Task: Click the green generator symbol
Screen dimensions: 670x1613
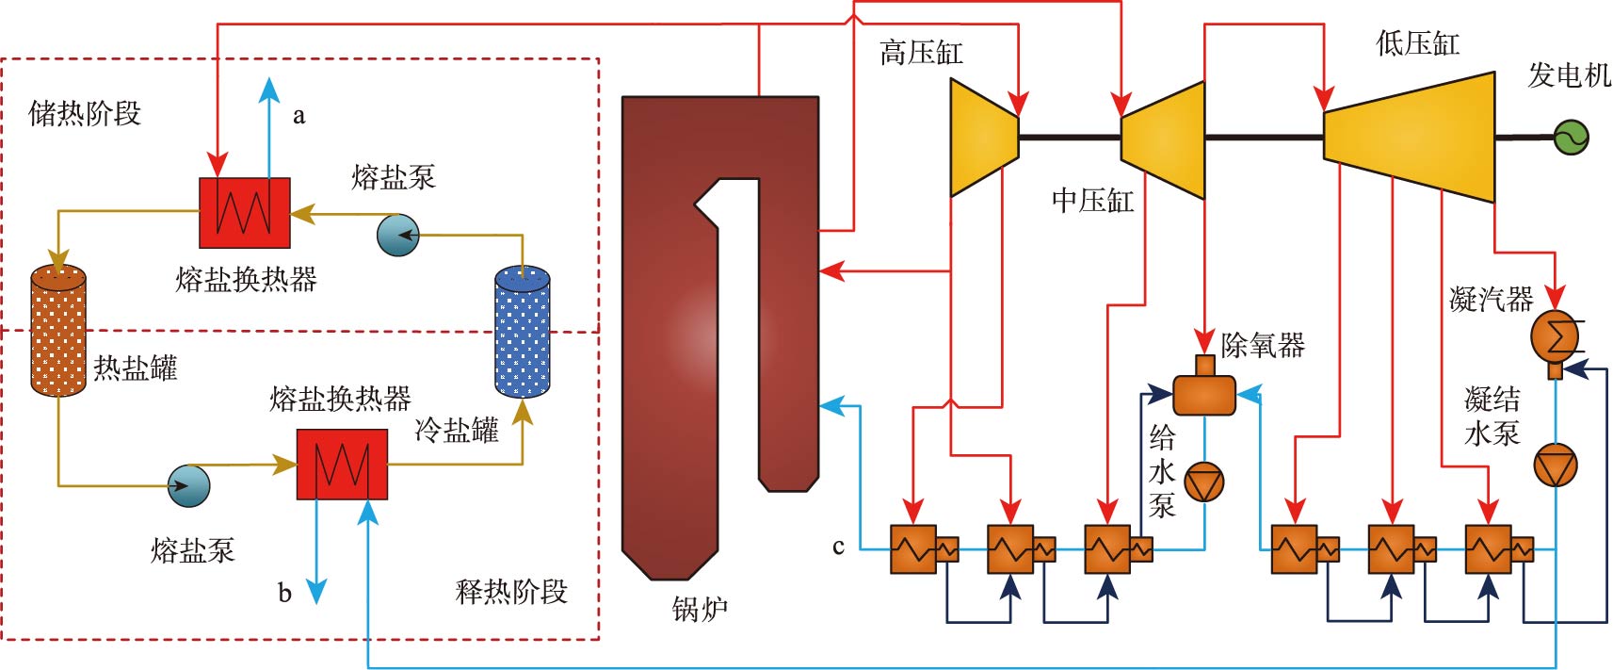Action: (1571, 138)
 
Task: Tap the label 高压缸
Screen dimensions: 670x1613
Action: (920, 53)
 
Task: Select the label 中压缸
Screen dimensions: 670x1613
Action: (1092, 201)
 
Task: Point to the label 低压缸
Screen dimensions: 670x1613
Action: (1417, 43)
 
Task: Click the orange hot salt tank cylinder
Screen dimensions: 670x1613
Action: (58, 331)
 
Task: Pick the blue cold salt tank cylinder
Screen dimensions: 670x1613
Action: (523, 331)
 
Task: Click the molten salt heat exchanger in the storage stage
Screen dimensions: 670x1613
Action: (244, 212)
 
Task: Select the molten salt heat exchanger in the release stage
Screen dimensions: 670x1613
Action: (342, 464)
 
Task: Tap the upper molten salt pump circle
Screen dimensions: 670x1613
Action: (397, 235)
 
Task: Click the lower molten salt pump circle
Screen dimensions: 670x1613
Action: (188, 485)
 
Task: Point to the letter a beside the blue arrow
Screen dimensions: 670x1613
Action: (298, 116)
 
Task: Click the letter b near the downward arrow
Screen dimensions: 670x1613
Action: (284, 594)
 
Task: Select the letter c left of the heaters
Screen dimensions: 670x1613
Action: (838, 547)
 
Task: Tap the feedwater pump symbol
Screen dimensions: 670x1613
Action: (1204, 482)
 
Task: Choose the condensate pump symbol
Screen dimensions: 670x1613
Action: (1556, 466)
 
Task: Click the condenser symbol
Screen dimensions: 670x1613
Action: (1556, 335)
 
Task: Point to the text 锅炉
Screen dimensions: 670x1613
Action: (700, 610)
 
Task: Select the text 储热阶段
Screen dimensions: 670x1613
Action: (85, 114)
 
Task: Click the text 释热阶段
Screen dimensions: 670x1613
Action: (511, 592)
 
